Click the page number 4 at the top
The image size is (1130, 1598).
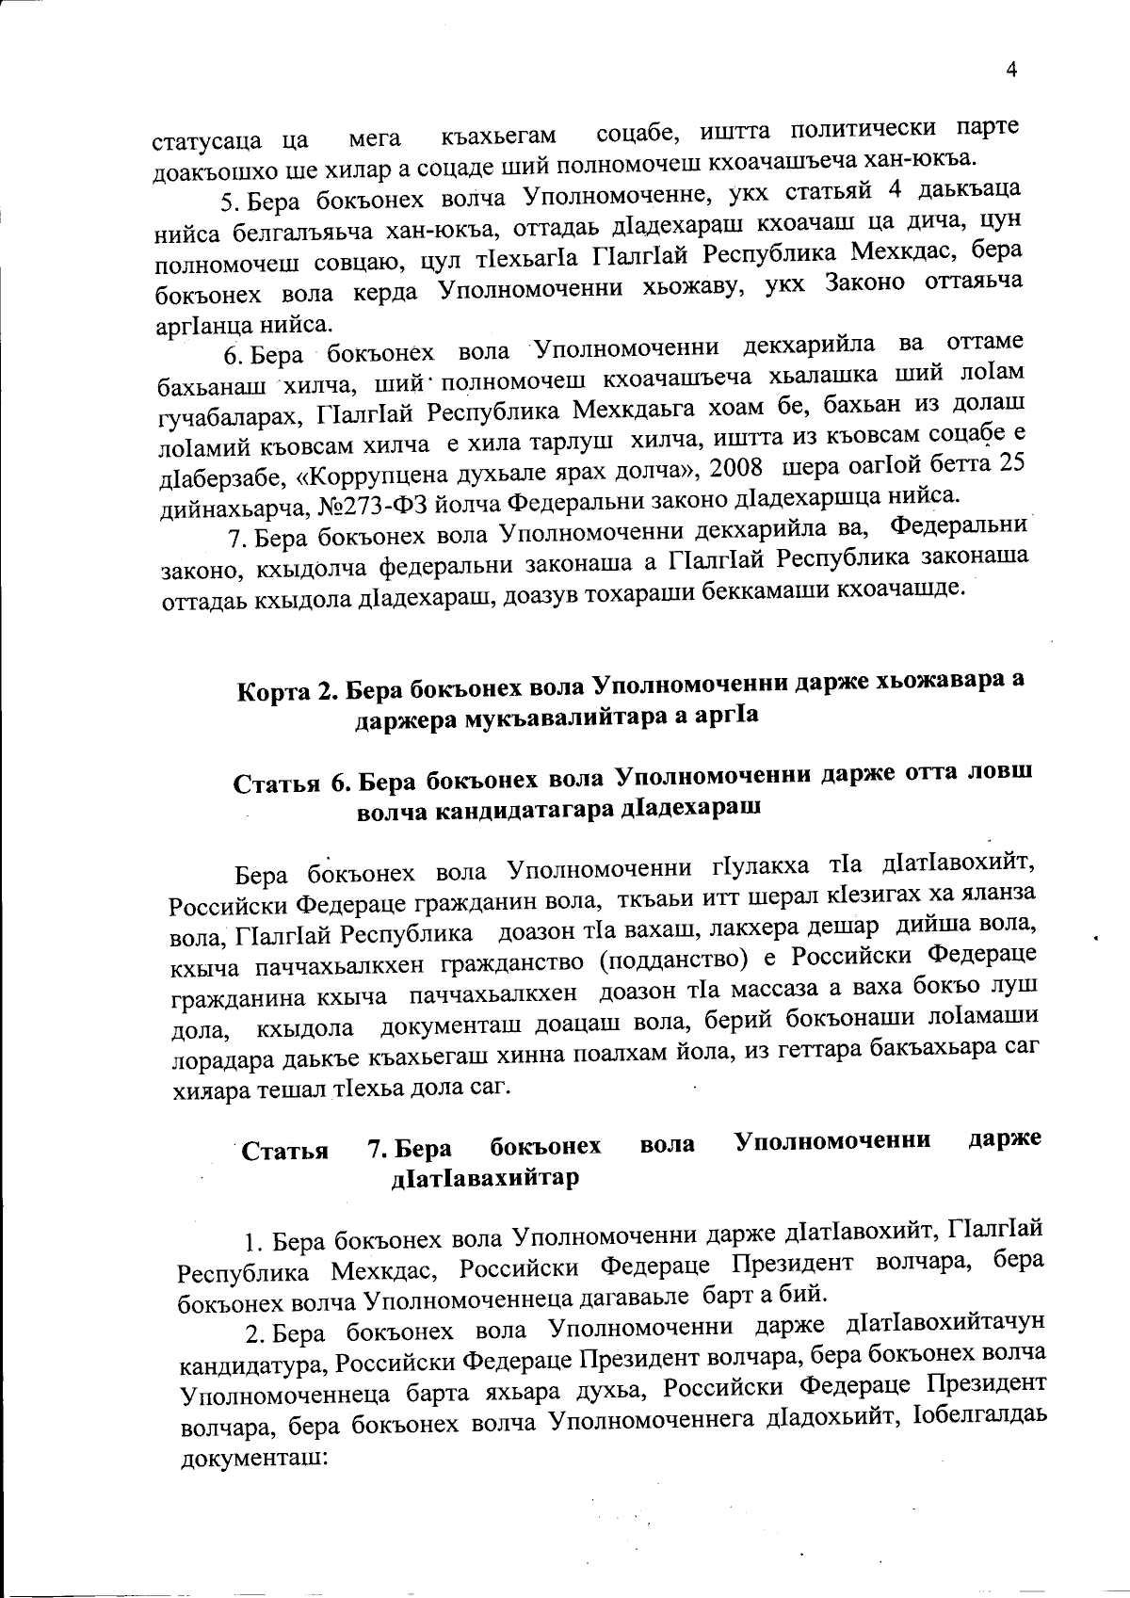pos(1013,69)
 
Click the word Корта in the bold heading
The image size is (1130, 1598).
pos(274,692)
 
